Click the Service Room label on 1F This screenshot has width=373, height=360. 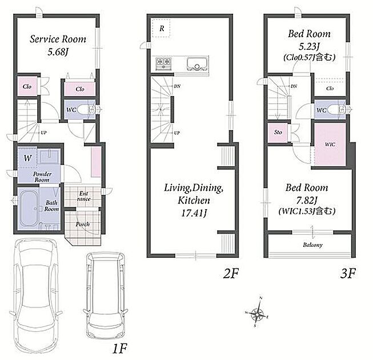[58, 39]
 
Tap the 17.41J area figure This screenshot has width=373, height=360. [194, 213]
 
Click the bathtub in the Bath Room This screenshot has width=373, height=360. [29, 209]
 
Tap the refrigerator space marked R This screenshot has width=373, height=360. [162, 28]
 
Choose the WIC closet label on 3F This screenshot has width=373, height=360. [330, 144]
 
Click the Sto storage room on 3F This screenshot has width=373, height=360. [278, 133]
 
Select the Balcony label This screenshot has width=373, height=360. [312, 245]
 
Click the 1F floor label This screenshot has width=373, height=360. [119, 349]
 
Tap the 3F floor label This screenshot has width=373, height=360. [347, 273]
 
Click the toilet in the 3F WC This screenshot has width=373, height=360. [336, 110]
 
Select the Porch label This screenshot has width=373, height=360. [83, 224]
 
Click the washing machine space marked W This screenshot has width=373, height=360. [27, 158]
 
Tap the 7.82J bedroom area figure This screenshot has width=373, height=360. [307, 201]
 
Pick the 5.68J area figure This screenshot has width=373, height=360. [58, 51]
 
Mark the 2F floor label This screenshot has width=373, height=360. [231, 273]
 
